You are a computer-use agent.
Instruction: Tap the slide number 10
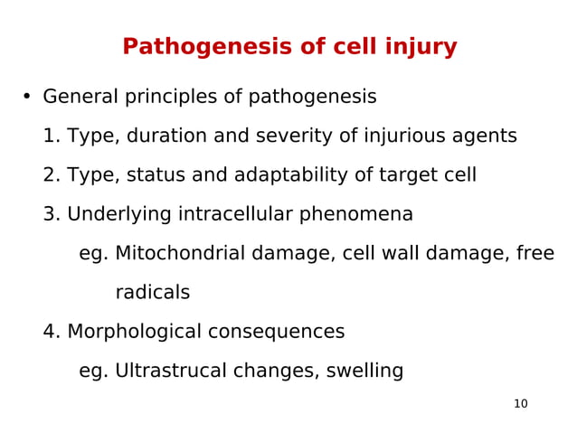[520, 404]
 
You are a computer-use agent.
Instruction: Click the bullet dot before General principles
[27, 97]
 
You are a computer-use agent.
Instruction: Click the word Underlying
[118, 215]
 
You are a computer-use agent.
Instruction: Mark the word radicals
[152, 293]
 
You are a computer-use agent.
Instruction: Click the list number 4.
[51, 333]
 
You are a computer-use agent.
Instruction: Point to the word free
[534, 254]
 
